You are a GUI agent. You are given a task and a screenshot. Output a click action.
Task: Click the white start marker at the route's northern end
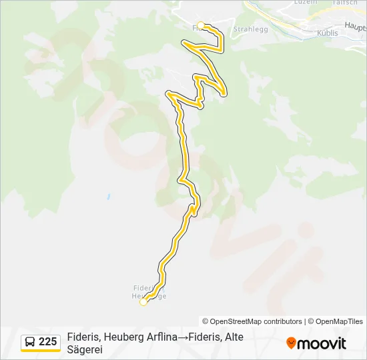click(200, 25)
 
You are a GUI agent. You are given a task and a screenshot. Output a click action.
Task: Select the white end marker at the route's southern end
click(143, 302)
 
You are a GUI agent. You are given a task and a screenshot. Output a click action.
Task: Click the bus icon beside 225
click(30, 342)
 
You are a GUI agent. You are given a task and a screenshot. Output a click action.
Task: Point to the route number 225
click(48, 342)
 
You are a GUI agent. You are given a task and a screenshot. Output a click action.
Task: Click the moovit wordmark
click(322, 343)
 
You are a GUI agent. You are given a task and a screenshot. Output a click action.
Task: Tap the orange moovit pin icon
click(291, 343)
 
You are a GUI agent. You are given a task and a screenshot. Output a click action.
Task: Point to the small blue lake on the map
click(107, 197)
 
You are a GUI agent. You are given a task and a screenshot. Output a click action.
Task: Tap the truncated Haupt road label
click(356, 26)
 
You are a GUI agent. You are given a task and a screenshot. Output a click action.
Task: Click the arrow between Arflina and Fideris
click(183, 337)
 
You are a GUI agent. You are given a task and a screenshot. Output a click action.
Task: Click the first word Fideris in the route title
click(83, 337)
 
